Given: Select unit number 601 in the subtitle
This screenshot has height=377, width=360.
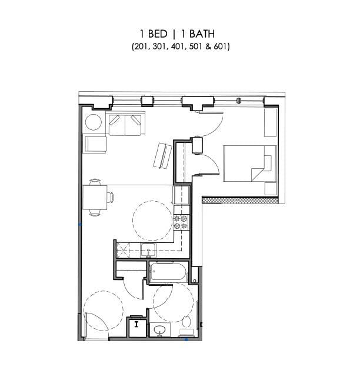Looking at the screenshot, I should (x=220, y=46).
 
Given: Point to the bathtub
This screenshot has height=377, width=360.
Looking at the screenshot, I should (x=167, y=272).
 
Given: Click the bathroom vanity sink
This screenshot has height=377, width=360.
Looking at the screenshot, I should (x=159, y=331).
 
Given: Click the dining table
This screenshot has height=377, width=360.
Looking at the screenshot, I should (x=95, y=195).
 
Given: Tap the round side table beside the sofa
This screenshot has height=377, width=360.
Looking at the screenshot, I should (x=94, y=122).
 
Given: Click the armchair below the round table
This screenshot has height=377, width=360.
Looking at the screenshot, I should (x=95, y=144).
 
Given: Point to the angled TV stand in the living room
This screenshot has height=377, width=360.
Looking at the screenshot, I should (x=162, y=155).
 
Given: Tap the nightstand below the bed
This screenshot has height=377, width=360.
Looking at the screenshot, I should (x=270, y=188).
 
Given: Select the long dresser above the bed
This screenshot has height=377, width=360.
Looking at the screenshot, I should (x=270, y=124).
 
